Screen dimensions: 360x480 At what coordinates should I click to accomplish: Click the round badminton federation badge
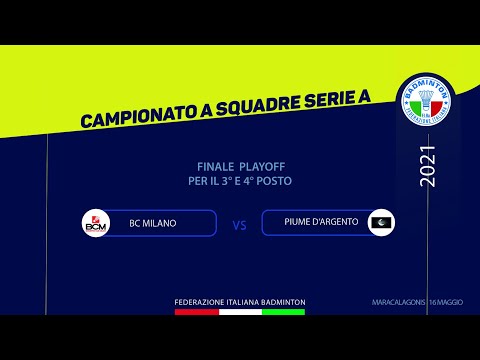pyautogui.click(x=425, y=104)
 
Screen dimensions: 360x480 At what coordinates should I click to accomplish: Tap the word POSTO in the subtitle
pyautogui.click(x=275, y=181)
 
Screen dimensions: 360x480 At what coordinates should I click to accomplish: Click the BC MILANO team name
pyautogui.click(x=152, y=223)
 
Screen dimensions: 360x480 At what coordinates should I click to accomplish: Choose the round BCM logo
pyautogui.click(x=96, y=223)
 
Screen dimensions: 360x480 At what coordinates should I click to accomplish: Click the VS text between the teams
pyautogui.click(x=239, y=225)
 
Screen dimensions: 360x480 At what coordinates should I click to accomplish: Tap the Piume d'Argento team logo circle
pyautogui.click(x=381, y=223)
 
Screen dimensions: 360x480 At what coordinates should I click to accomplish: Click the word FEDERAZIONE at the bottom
pyautogui.click(x=200, y=302)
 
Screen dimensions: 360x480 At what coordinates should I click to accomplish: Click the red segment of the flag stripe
pyautogui.click(x=196, y=312)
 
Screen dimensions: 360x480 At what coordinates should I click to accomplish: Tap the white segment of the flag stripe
pyautogui.click(x=240, y=312)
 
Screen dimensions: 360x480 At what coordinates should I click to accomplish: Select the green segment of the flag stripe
pyautogui.click(x=283, y=312)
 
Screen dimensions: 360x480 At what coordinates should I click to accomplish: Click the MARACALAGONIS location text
pyautogui.click(x=395, y=302)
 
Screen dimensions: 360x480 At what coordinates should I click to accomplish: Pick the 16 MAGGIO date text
pyautogui.click(x=447, y=302)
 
